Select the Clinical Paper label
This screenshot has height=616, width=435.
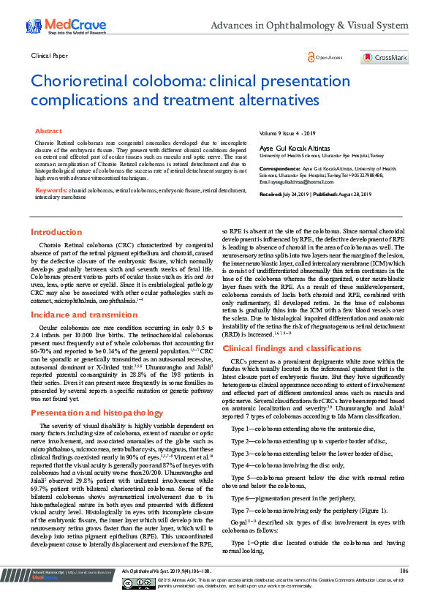pyautogui.click(x=50, y=55)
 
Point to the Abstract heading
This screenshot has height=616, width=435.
pyautogui.click(x=49, y=130)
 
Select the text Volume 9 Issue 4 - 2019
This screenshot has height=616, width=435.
pyautogui.click(x=287, y=134)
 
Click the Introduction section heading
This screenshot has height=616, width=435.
pyautogui.click(x=56, y=232)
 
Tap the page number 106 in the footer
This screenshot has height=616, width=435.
pyautogui.click(x=404, y=590)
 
